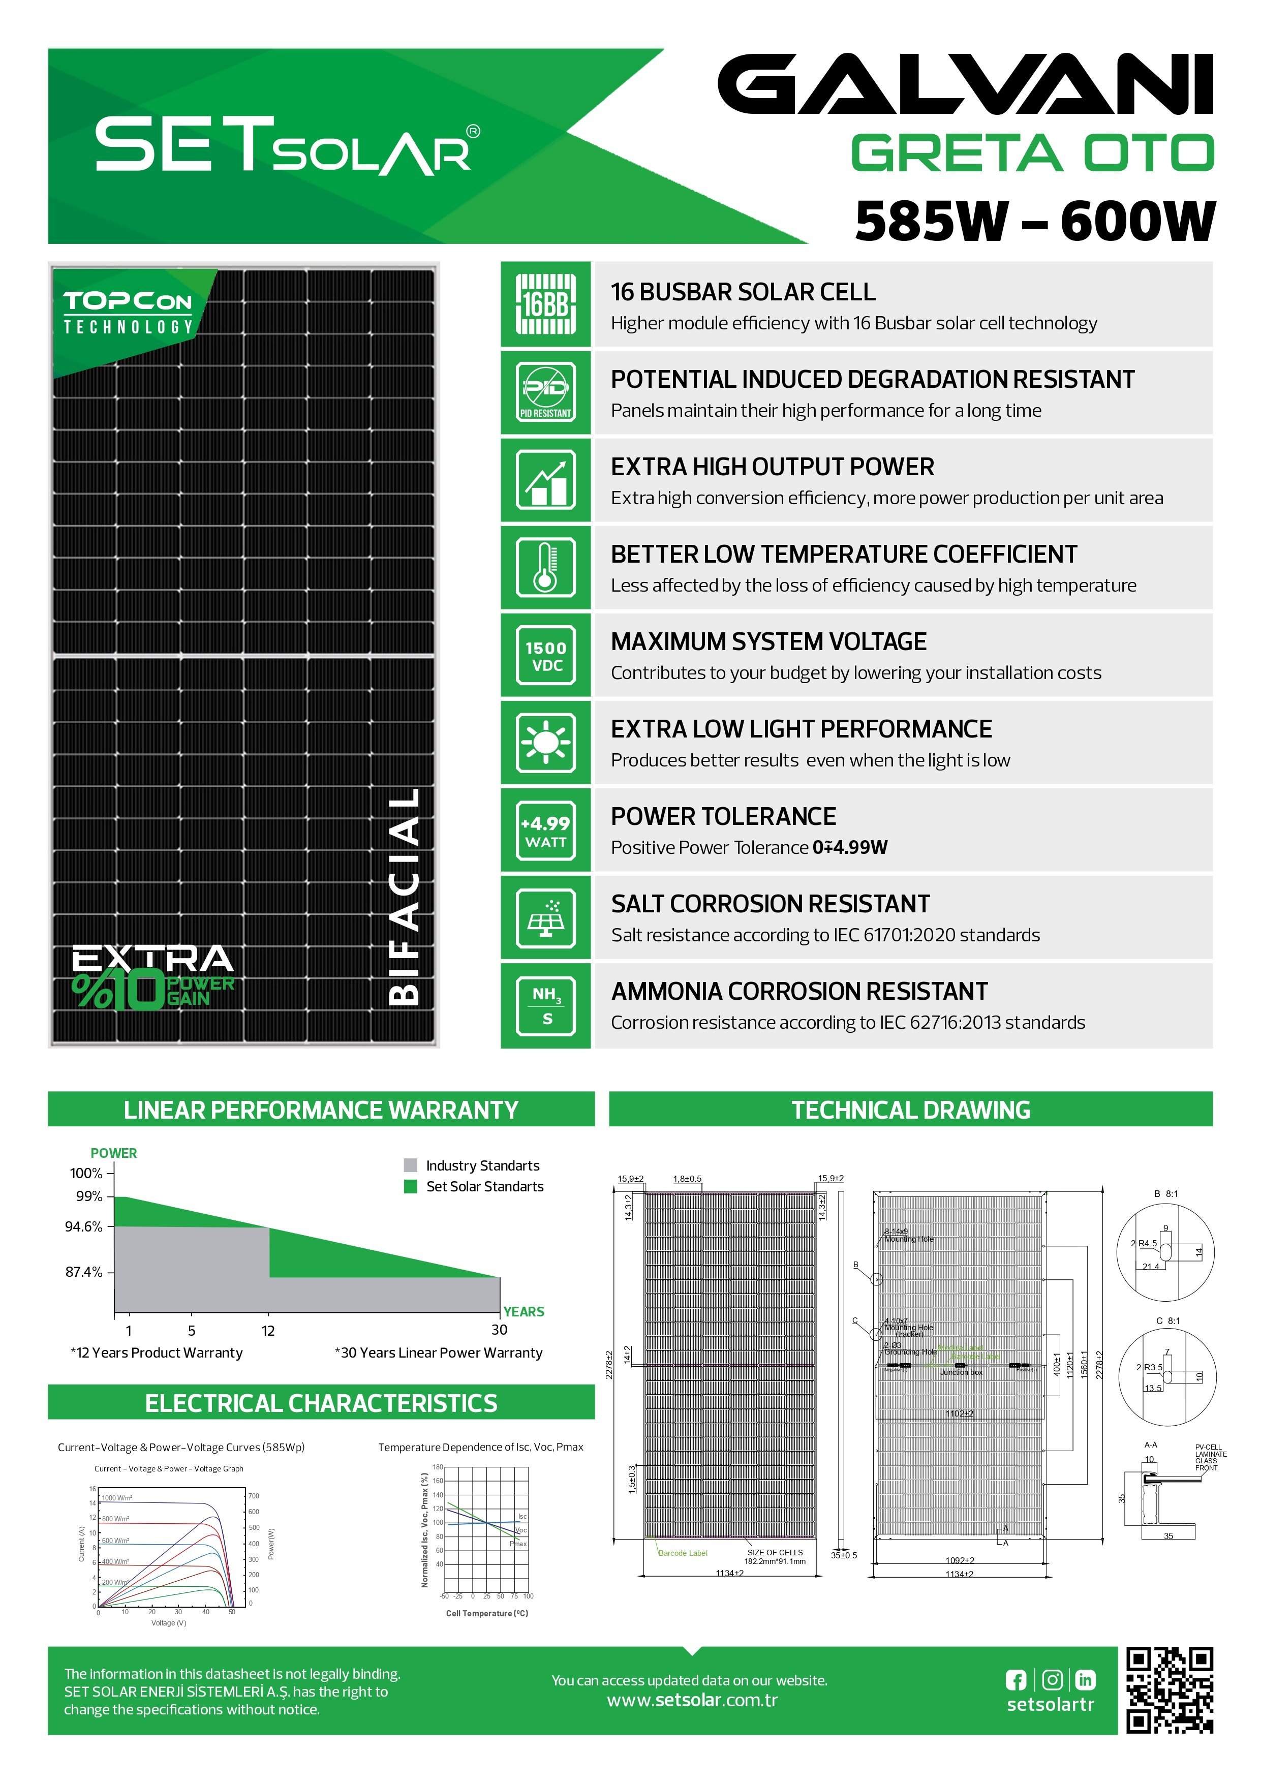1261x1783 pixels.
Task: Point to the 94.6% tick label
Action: pos(84,1227)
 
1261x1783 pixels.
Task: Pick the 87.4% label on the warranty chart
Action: pos(84,1272)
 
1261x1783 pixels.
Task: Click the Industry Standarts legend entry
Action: pos(481,1165)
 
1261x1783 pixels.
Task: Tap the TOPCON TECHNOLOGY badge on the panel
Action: pos(128,314)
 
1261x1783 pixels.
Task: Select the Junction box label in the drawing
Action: pos(961,1372)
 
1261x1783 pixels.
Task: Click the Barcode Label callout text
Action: pos(683,1553)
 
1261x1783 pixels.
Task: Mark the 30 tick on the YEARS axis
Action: pos(499,1330)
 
